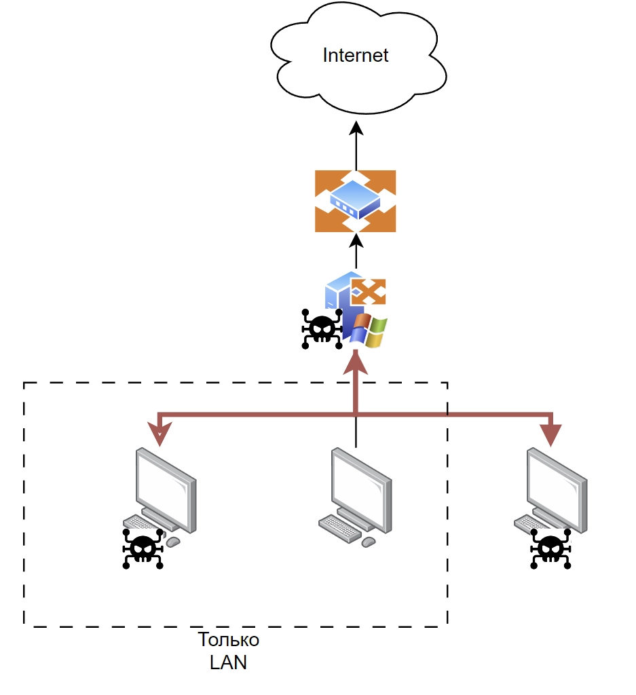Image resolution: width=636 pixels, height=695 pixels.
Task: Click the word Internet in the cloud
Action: point(355,55)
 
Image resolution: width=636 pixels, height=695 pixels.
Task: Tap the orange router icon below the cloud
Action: point(355,201)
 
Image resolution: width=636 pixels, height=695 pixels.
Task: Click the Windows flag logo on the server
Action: point(369,332)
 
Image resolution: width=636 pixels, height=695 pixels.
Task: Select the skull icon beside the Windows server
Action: point(322,329)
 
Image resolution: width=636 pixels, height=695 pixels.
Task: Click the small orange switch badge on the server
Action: point(369,292)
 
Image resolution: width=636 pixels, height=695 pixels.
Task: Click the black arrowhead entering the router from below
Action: point(356,240)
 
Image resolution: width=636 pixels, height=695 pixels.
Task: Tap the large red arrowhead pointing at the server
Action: point(356,363)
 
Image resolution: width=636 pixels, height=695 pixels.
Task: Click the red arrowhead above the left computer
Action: point(160,435)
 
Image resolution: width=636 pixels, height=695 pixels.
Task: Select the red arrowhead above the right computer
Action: point(550,435)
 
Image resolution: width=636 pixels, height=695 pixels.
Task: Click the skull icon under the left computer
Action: point(143,548)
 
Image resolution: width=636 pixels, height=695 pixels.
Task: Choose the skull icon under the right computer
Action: point(550,548)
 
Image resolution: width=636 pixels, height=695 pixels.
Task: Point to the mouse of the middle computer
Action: point(369,542)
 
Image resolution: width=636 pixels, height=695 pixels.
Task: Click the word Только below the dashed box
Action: point(228,640)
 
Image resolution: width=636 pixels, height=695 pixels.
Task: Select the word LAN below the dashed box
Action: point(228,662)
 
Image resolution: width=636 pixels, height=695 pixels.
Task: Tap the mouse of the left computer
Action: point(173,542)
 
